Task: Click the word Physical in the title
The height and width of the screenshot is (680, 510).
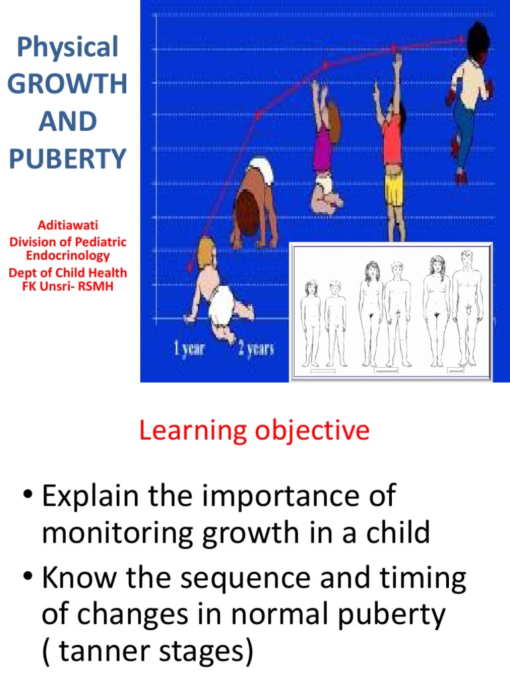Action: tap(67, 47)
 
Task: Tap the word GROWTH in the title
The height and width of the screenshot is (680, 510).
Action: tap(67, 84)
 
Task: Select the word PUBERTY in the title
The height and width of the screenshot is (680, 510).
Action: tap(67, 159)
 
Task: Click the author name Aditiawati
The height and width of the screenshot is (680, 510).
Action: tap(67, 226)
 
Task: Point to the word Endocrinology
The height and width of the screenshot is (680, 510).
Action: tap(67, 255)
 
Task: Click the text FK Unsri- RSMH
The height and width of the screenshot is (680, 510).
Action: tap(67, 286)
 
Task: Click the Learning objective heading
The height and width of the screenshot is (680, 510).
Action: tap(254, 431)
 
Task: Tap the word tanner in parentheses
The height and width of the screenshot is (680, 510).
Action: tap(112, 651)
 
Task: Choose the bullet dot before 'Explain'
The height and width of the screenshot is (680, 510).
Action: tap(26, 497)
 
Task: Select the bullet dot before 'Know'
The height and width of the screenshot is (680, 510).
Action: tap(26, 579)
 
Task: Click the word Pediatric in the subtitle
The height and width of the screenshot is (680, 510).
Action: tap(98, 242)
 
